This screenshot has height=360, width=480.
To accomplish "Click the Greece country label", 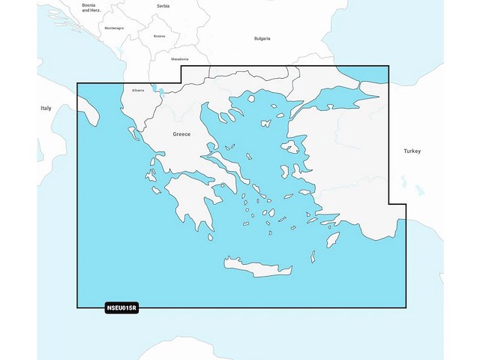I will (181, 133).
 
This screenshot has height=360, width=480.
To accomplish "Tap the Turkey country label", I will (412, 151).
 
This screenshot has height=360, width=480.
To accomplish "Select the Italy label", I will (46, 109).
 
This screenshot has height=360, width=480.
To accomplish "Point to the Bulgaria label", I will (262, 37).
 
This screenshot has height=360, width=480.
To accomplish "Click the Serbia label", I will (163, 5).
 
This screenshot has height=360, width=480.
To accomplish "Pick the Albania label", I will (138, 90).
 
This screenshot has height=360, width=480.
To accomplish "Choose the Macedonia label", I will (180, 58).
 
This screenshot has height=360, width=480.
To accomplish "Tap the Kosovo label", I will (159, 36).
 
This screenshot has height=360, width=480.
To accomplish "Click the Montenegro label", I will (114, 28).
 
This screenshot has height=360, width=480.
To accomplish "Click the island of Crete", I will (259, 264).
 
